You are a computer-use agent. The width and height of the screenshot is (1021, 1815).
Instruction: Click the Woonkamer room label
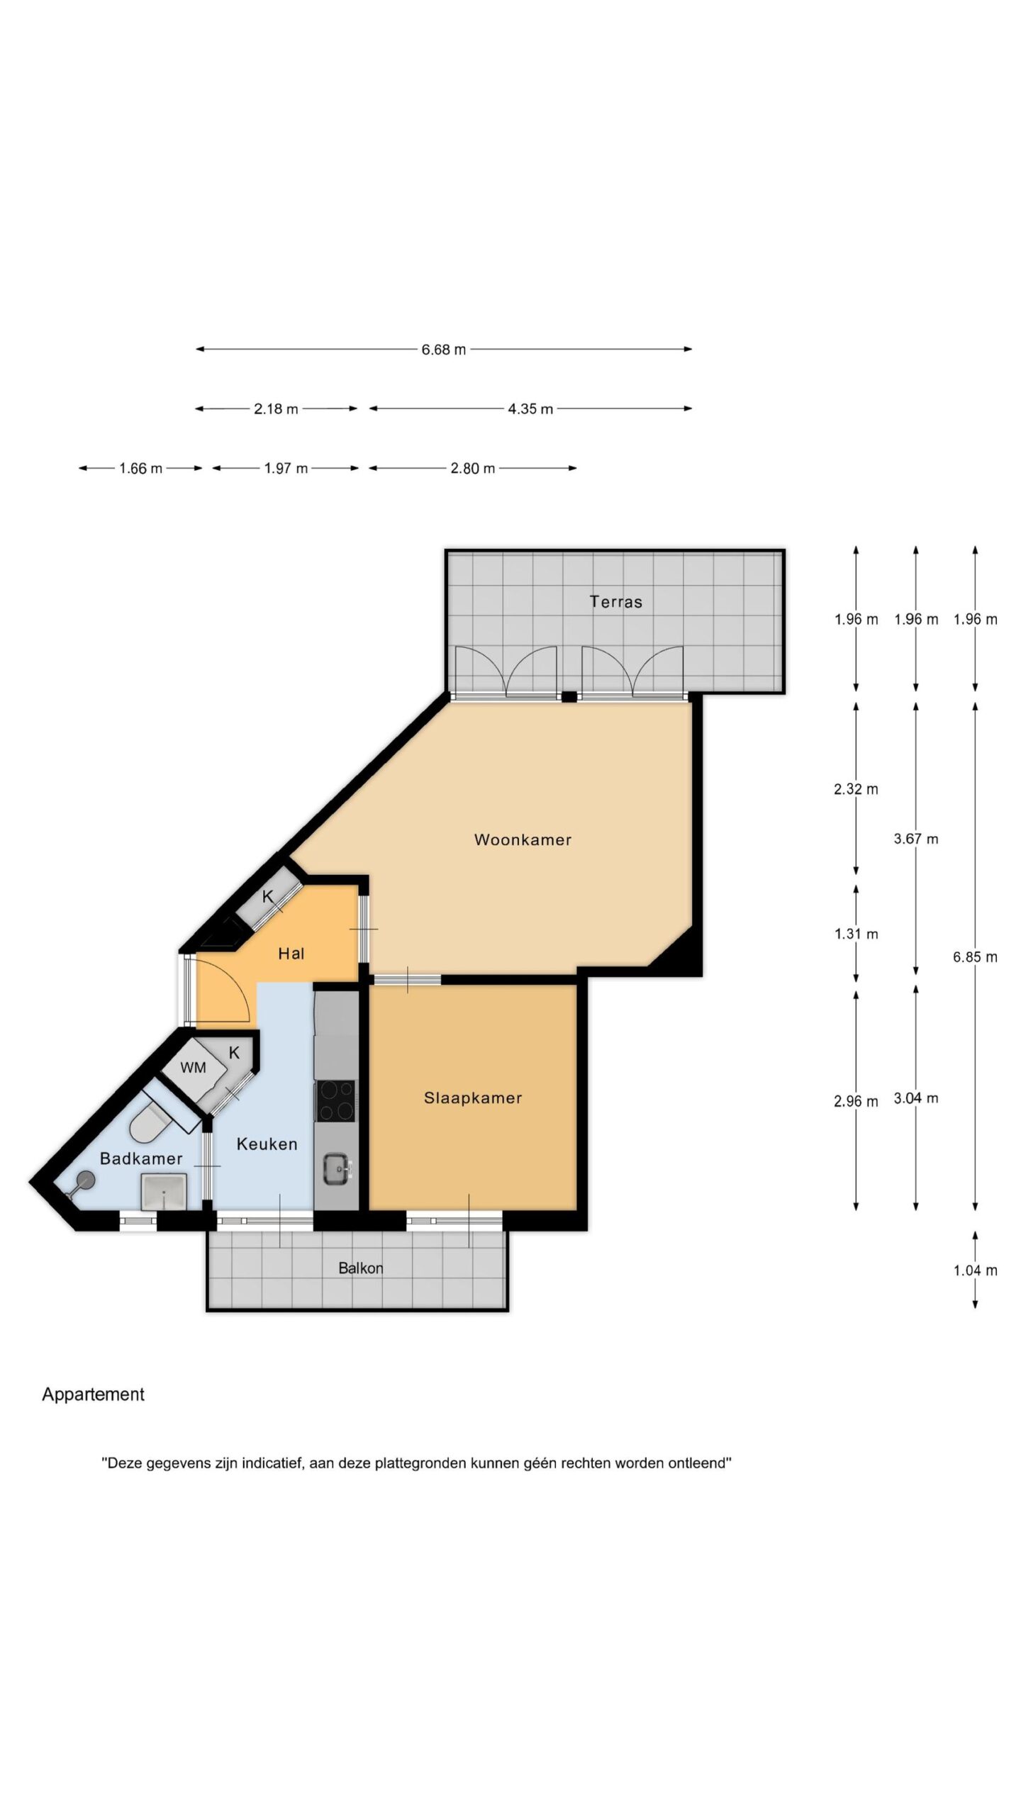click(x=523, y=839)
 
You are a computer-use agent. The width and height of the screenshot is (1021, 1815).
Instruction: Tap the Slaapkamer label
click(x=473, y=1098)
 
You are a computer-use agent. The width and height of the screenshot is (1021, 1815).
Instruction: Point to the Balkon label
click(x=361, y=1268)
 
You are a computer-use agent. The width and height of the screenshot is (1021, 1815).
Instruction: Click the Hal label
click(x=291, y=954)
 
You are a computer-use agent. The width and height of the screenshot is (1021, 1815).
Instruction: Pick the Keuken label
click(x=267, y=1144)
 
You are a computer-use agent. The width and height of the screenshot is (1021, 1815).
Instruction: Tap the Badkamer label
click(x=141, y=1158)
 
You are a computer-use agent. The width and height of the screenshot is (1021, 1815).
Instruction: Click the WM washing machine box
click(x=193, y=1068)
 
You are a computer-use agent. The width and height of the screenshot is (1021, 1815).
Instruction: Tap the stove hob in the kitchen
click(x=336, y=1101)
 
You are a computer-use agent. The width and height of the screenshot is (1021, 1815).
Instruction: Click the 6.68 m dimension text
click(x=444, y=350)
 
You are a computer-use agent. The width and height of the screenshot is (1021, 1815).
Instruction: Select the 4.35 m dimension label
click(x=530, y=409)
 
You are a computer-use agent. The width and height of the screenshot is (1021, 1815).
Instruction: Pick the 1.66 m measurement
click(x=140, y=469)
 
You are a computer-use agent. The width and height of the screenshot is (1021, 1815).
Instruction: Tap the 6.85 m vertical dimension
click(x=976, y=957)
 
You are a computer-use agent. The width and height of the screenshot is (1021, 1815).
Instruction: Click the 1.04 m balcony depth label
click(x=976, y=1270)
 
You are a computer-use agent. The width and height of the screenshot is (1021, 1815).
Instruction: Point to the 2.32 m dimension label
click(x=856, y=789)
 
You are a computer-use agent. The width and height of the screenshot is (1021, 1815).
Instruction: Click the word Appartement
click(x=93, y=1395)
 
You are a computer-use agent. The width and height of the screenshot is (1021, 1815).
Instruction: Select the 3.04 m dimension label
click(x=916, y=1098)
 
